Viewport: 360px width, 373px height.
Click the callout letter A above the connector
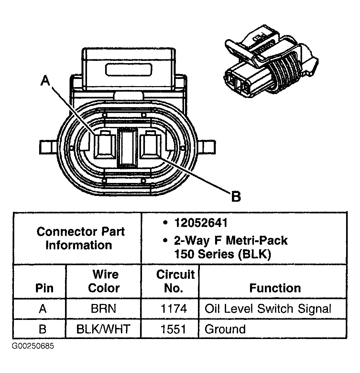point(46,80)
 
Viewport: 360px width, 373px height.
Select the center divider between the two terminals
point(128,147)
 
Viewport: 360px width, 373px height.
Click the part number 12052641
point(201,223)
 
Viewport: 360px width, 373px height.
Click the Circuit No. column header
point(175,281)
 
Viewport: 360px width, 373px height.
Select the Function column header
point(275,288)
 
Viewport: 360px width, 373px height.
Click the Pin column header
point(44,288)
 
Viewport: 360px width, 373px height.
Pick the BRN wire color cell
point(104,309)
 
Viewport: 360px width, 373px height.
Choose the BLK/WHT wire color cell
point(103,329)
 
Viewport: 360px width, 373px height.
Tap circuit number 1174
point(174,309)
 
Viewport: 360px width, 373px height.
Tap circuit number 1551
point(174,329)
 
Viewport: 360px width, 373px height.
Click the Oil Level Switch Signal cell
point(268,309)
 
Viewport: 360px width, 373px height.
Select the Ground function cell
point(225,329)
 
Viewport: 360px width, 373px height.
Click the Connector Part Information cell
point(80,238)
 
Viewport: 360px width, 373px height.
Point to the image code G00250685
point(33,346)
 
